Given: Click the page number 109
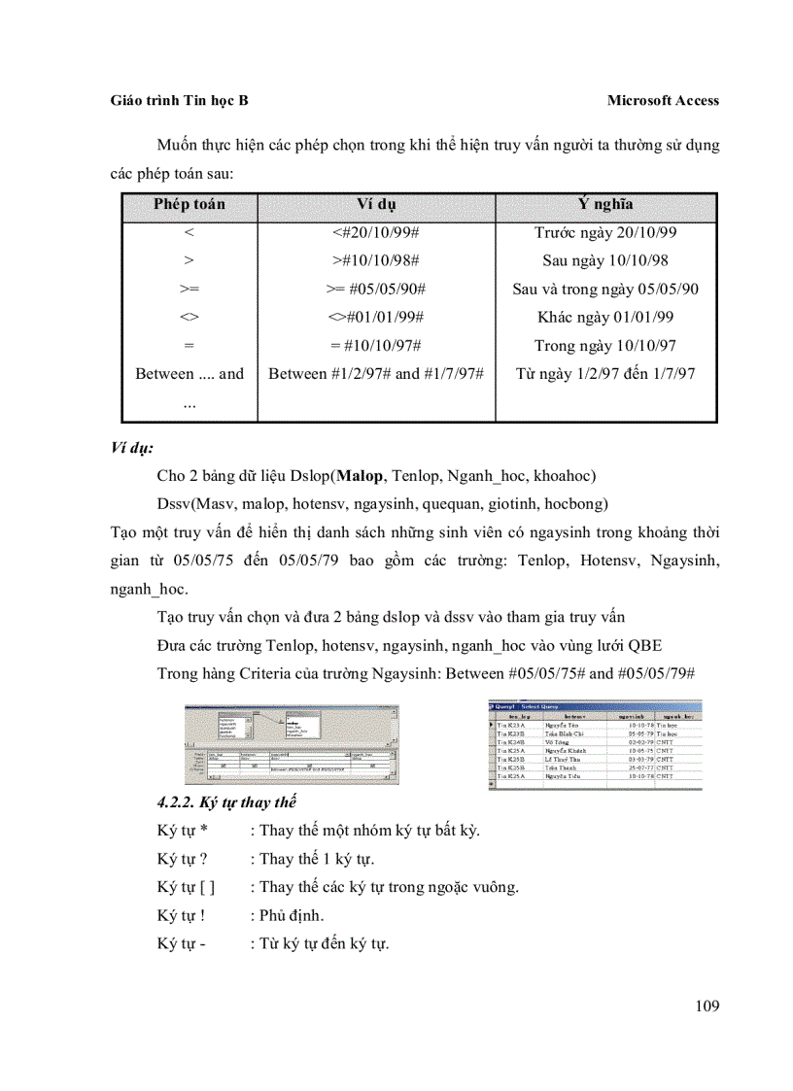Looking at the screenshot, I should point(707,1006).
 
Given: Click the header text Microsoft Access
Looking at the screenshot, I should point(663,100).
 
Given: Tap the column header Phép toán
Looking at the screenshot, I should point(189,204).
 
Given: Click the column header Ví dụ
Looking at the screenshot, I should point(376,204).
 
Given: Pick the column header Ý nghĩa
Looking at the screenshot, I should point(605,204).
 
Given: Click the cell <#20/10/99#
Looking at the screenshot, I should point(376,232).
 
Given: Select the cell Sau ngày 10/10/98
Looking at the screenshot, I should point(605,260).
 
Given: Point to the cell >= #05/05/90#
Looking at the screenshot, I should point(376,289).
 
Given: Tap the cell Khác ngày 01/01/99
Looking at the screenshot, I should point(605,317).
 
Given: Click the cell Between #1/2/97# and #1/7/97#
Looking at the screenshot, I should point(376,373).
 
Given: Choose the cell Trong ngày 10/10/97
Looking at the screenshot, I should point(605,345).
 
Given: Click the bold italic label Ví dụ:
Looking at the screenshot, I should point(132,449).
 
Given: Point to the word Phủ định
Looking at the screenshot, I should point(292,915).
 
